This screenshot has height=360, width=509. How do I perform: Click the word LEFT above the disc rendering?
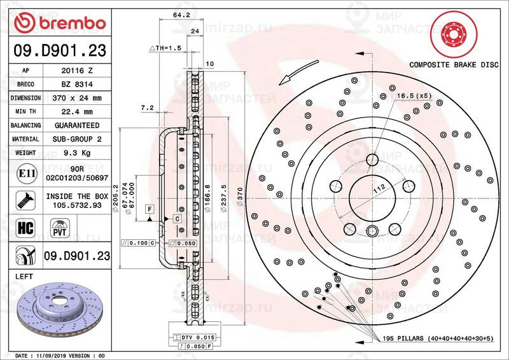23,276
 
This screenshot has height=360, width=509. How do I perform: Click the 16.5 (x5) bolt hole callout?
414,96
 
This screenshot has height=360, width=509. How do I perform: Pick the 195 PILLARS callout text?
439,337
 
